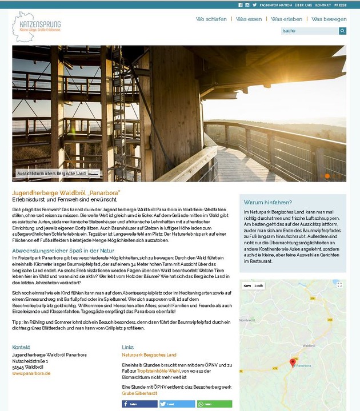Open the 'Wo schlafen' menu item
(x=211, y=19)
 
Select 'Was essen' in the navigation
(x=249, y=19)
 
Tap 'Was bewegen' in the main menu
(x=327, y=19)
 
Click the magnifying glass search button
(x=343, y=31)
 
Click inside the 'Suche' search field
(x=309, y=31)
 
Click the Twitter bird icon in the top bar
(x=254, y=5)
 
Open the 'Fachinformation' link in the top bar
(x=275, y=5)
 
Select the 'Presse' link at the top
(x=341, y=5)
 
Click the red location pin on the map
(x=293, y=362)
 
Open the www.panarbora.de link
(x=31, y=373)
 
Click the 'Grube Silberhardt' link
(x=139, y=393)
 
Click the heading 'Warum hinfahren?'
(x=268, y=202)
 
